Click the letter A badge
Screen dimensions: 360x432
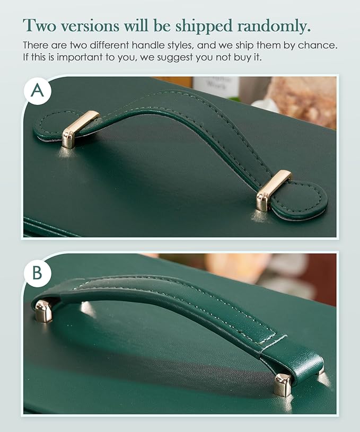pos(38,91)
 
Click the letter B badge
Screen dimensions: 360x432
pos(38,273)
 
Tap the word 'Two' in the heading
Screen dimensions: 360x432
pos(39,25)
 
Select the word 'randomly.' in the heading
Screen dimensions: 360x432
pos(274,27)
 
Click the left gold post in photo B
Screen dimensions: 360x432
pos(44,311)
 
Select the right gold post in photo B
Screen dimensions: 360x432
pos(283,385)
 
